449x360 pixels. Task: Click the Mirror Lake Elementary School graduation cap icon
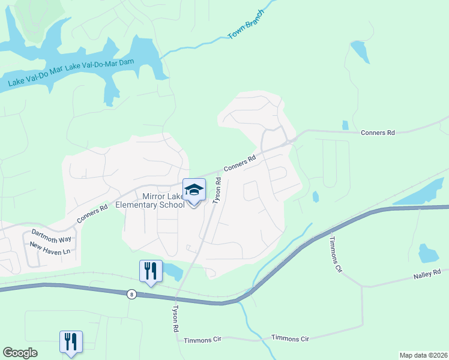194,191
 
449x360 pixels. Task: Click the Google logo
20,353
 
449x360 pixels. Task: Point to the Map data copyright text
423,355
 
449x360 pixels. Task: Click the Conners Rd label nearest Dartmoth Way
92,215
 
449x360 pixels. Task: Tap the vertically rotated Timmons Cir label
335,254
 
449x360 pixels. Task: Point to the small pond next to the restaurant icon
173,271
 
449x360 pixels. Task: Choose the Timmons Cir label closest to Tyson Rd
203,339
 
